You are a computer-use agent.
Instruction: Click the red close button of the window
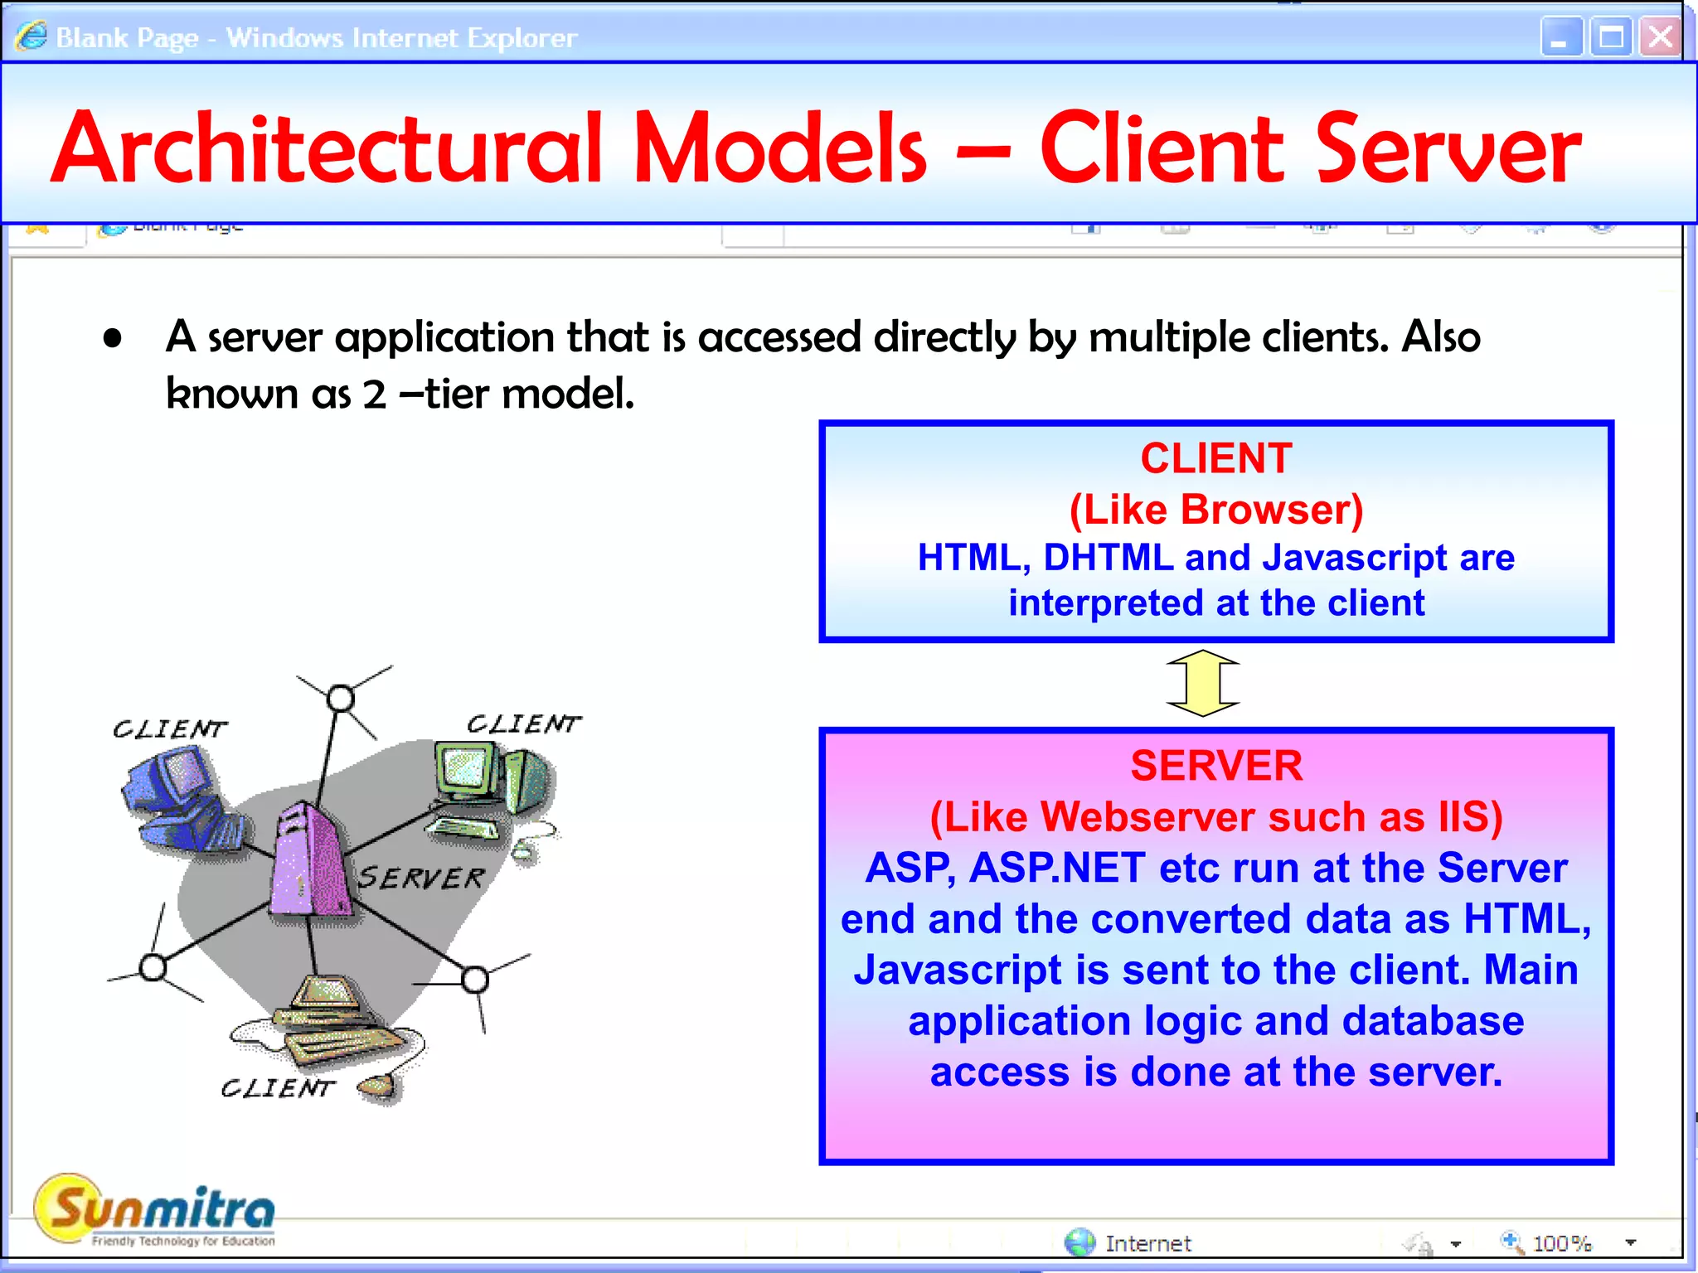point(1660,37)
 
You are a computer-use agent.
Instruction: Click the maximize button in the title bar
point(1611,37)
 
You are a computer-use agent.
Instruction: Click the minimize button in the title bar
point(1561,37)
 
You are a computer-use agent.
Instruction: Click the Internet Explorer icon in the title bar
point(32,36)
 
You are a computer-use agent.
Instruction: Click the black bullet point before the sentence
point(113,338)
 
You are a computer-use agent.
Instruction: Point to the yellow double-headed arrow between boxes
point(1202,683)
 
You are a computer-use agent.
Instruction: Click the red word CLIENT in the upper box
point(1215,458)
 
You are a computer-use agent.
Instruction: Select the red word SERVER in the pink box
point(1215,765)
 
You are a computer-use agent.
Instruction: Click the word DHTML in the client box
point(1108,558)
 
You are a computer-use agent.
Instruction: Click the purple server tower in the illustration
point(308,862)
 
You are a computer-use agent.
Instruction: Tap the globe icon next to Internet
point(1079,1242)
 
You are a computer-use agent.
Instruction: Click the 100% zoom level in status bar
point(1561,1243)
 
